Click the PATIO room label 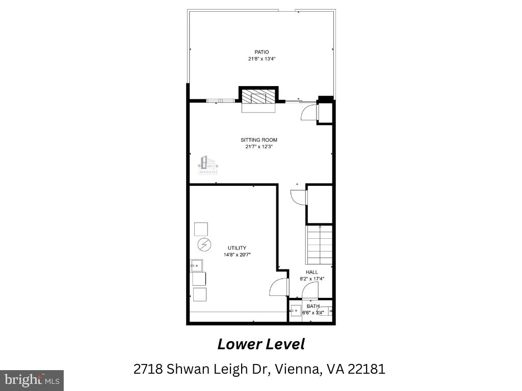click(x=262, y=51)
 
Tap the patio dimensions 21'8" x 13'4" click(x=262, y=59)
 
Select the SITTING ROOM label click(x=259, y=140)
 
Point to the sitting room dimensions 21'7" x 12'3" click(x=259, y=148)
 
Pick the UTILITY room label click(x=237, y=248)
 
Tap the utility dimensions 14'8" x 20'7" click(x=237, y=255)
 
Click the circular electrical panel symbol click(x=204, y=245)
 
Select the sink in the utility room click(x=196, y=265)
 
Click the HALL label click(x=312, y=272)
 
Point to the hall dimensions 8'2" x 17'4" click(x=312, y=279)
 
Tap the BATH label click(x=313, y=306)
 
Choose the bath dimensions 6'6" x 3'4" click(x=311, y=313)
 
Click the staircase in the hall click(x=319, y=244)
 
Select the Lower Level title click(x=261, y=344)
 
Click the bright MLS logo click(x=32, y=380)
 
